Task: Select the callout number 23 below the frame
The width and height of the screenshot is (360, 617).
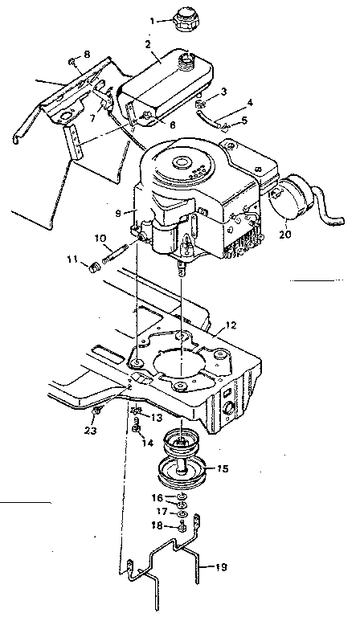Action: click(91, 430)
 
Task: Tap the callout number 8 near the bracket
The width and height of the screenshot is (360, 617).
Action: click(87, 54)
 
